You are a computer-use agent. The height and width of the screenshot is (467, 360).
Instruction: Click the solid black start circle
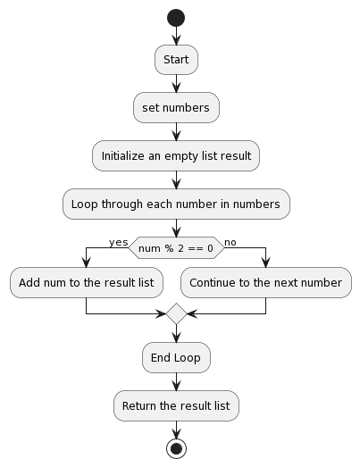click(176, 18)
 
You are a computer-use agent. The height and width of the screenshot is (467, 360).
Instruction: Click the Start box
click(176, 60)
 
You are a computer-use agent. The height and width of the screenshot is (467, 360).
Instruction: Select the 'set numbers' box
click(176, 108)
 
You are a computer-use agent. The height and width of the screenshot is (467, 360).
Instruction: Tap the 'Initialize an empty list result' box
click(176, 155)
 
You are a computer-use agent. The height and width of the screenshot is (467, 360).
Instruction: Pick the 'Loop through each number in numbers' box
click(176, 204)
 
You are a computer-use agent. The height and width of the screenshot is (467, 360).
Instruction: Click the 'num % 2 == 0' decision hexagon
click(176, 247)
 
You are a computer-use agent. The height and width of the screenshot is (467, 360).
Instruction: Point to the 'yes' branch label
click(118, 242)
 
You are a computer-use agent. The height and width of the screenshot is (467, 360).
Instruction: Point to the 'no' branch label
click(230, 242)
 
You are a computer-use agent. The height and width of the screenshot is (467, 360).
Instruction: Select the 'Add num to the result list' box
click(86, 282)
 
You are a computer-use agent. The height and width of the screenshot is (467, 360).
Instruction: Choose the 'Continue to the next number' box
click(266, 282)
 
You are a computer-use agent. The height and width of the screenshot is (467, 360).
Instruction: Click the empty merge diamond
click(176, 314)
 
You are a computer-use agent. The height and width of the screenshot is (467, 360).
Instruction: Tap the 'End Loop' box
click(176, 358)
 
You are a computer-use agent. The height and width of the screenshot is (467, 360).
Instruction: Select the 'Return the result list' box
click(176, 405)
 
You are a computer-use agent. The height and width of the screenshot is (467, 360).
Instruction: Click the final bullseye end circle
click(176, 448)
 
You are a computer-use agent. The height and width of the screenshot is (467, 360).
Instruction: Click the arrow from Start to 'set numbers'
click(176, 84)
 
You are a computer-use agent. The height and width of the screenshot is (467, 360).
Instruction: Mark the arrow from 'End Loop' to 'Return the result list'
click(176, 382)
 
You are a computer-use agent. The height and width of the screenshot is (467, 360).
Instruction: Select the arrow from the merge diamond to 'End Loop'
click(176, 335)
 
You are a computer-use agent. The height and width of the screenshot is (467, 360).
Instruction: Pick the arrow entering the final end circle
click(176, 429)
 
